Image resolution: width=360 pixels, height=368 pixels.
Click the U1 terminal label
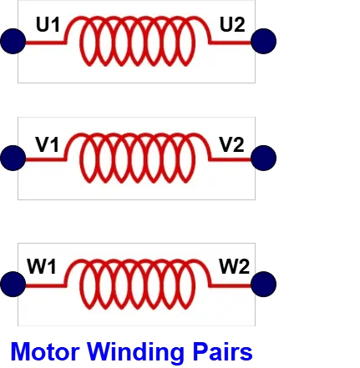[x=48, y=24]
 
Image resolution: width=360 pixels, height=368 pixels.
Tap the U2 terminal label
[x=232, y=24]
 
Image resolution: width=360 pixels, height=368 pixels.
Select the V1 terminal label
[x=48, y=144]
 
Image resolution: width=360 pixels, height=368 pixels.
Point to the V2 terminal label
[x=231, y=144]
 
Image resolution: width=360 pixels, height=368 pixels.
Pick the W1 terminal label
[x=42, y=266]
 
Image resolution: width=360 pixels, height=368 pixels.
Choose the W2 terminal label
[x=235, y=266]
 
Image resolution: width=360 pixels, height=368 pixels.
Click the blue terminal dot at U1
[x=13, y=41]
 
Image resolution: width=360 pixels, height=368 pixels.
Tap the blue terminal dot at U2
[x=263, y=41]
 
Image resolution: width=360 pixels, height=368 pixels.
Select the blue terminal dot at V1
[x=13, y=158]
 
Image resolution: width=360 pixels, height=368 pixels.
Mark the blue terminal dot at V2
[x=263, y=158]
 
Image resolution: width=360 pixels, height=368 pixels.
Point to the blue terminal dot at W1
[x=13, y=284]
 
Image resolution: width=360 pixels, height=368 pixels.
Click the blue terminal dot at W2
[x=263, y=284]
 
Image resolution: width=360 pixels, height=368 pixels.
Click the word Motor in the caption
[x=45, y=351]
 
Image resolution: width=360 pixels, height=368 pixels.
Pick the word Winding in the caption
[x=135, y=353]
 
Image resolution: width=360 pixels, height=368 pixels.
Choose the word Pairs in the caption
[x=222, y=351]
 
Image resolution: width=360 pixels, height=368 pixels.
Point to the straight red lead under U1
[x=46, y=43]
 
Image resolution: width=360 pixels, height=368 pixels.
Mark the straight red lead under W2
[x=231, y=285]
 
